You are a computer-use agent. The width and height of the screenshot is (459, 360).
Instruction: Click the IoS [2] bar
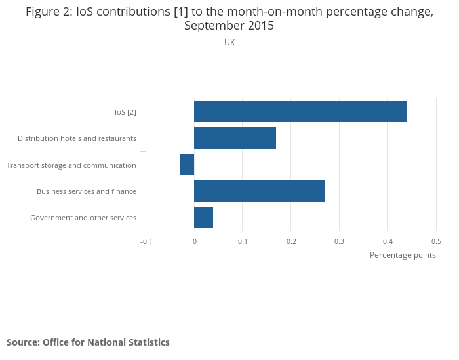pos(300,111)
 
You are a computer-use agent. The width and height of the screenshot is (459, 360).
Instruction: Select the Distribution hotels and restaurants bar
pos(235,138)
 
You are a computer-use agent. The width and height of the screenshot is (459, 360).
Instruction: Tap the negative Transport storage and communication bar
pos(187,165)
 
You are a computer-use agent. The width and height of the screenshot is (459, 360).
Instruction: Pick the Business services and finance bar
pos(259,191)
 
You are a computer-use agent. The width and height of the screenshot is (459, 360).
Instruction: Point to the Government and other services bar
pos(203,218)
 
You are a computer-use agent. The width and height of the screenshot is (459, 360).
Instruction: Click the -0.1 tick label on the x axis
pos(146,241)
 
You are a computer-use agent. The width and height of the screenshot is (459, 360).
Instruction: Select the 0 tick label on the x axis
pos(194,241)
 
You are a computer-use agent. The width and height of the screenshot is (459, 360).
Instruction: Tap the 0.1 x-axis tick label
pos(243,241)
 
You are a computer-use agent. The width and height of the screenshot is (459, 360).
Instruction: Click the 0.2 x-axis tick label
pos(291,241)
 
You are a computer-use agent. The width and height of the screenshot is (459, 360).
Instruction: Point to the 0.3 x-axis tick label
pos(339,241)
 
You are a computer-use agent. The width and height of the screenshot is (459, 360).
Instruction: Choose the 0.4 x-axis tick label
pos(388,241)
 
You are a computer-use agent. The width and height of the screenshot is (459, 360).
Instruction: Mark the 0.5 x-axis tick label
pos(436,241)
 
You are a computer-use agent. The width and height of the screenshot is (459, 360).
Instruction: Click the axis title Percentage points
pos(403,255)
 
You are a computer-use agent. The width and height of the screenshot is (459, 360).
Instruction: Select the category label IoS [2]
pos(125,112)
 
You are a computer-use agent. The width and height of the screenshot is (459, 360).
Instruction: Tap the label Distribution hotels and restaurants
pos(77,138)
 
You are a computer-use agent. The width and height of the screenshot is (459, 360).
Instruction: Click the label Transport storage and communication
pos(71,165)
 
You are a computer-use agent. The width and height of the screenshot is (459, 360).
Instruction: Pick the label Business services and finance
pos(87,191)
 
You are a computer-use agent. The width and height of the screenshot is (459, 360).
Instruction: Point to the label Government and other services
pos(83,218)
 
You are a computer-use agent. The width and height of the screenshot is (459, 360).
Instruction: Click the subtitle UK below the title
pos(229,43)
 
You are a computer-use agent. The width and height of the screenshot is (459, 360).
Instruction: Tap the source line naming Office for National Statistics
pos(88,342)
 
